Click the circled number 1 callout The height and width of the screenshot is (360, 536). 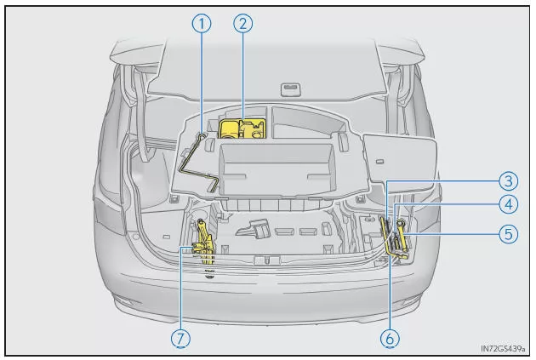tap(202, 24)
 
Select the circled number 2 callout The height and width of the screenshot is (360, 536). tap(243, 24)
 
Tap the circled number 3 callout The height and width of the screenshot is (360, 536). tap(509, 181)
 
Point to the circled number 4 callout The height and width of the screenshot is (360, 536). tap(509, 204)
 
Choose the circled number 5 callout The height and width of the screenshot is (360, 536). tap(509, 234)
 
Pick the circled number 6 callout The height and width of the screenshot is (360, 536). tap(390, 339)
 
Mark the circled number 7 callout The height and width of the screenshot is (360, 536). tap(180, 339)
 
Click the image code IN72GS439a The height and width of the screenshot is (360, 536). tap(503, 349)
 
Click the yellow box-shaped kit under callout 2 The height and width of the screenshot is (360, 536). tap(242, 129)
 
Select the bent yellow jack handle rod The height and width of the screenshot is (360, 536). tap(198, 163)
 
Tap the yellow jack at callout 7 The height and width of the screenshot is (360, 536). tap(203, 242)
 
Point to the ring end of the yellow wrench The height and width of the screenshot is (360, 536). tap(400, 224)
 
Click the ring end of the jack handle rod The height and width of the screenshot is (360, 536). tap(202, 137)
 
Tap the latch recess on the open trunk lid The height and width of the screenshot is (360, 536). tap(291, 89)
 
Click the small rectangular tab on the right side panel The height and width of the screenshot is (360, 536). tap(379, 162)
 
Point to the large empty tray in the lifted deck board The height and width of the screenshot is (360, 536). tap(277, 169)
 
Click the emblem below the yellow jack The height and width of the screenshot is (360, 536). tap(209, 273)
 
